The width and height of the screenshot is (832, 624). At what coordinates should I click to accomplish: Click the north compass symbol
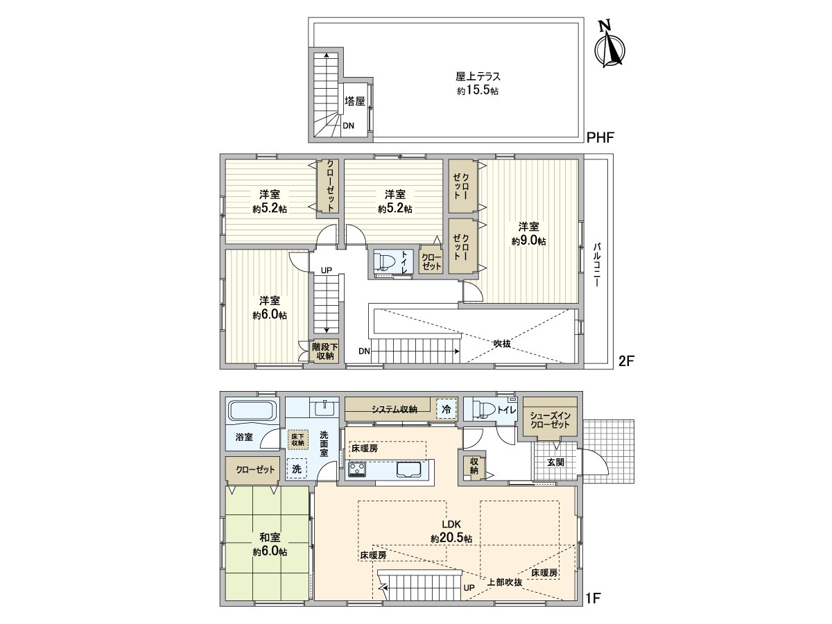click(609, 49)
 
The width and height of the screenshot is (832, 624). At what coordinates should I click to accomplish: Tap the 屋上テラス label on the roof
click(478, 77)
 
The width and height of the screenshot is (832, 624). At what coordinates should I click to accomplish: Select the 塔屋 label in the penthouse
click(355, 101)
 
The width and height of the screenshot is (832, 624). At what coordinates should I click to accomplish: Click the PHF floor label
click(600, 137)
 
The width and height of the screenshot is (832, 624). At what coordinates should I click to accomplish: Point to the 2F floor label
click(626, 361)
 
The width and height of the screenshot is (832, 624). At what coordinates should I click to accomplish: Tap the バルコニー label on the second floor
click(597, 264)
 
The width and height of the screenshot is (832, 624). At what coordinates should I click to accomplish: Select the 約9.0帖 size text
click(529, 241)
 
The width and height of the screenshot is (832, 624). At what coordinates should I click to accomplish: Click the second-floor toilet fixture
click(385, 261)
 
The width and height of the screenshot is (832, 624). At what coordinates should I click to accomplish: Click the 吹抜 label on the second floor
click(502, 344)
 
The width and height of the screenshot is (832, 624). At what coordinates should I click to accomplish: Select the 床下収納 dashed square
click(298, 440)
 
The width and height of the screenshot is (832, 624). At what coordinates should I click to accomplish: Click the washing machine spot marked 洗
click(297, 469)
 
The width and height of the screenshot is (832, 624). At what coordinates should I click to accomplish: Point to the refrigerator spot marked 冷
click(447, 409)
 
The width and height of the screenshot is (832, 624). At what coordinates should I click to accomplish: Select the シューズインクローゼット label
click(550, 419)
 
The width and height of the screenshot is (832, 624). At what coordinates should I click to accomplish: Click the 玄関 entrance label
click(555, 462)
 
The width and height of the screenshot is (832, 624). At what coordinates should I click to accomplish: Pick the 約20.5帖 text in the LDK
click(451, 539)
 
